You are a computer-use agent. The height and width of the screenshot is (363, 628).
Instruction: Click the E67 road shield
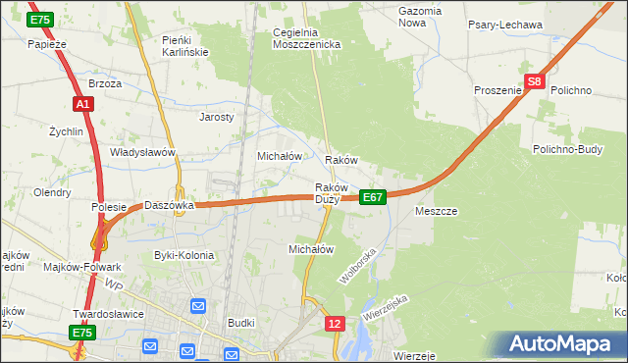point(372,197)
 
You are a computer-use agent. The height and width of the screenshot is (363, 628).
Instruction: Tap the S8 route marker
point(534,83)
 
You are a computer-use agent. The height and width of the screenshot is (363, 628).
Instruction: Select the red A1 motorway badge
point(82,104)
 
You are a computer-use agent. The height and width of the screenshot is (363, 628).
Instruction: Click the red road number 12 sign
point(336,323)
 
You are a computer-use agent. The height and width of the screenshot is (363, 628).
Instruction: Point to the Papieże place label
point(46,44)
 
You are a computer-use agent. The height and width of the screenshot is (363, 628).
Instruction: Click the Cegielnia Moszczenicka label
point(306,38)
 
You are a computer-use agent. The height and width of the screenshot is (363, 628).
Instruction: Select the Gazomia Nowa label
point(420,17)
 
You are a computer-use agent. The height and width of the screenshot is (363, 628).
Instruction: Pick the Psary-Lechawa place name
point(506,25)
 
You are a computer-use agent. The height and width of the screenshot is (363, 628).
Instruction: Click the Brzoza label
point(105,84)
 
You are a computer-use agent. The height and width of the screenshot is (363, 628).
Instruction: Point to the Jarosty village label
point(217,116)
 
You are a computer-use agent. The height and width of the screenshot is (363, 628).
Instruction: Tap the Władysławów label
point(142,152)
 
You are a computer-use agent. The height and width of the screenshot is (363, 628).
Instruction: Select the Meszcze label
point(437,211)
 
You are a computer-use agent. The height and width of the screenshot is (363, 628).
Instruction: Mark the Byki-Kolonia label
point(183,255)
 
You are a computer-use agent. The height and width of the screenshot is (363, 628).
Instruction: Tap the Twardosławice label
point(109,314)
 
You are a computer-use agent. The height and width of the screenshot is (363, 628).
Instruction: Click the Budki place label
point(240,322)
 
